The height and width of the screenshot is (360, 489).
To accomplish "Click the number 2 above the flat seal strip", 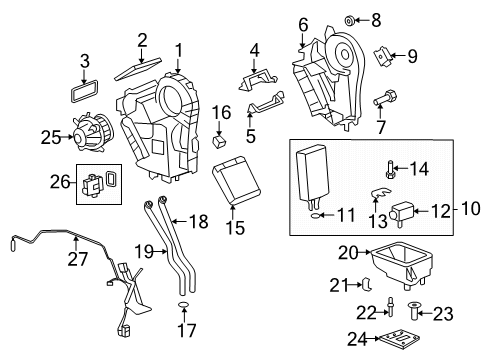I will pyautogui.click(x=142, y=39).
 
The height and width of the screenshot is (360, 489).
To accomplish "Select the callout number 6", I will pyautogui.click(x=302, y=24).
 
